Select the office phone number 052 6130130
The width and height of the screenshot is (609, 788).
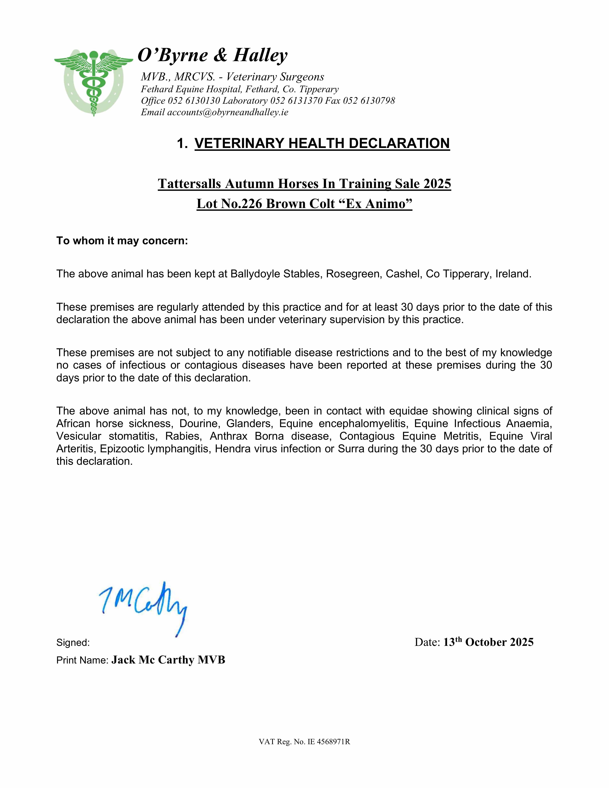click(x=194, y=101)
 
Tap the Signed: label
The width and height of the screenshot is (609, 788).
click(x=73, y=643)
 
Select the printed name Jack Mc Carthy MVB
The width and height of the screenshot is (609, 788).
click(x=168, y=660)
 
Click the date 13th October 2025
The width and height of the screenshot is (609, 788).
click(x=488, y=642)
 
